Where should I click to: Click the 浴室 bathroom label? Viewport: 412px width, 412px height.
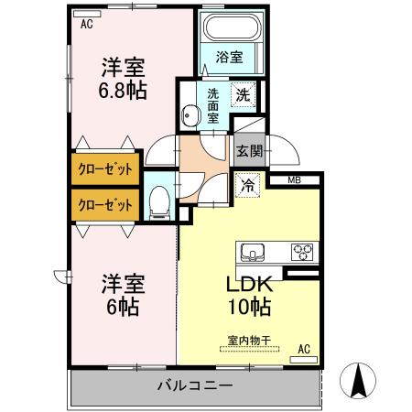tap(229, 58)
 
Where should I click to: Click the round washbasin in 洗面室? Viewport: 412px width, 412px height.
tap(190, 115)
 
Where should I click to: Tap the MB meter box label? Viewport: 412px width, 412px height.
tap(294, 179)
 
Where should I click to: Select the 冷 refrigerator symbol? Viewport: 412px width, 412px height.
tap(247, 186)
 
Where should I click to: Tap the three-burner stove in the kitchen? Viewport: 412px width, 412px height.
tap(302, 252)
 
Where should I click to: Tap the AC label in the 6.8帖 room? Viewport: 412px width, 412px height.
tap(87, 25)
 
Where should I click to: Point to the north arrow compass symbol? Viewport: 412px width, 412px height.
tap(360, 379)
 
